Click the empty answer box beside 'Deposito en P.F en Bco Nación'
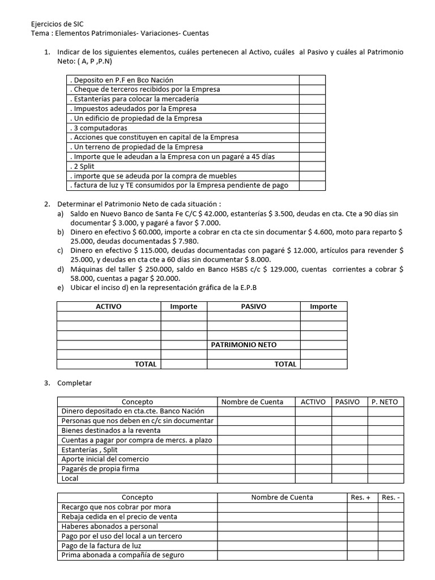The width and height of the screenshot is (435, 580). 312,80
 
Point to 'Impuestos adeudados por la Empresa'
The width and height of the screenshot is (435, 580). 133,108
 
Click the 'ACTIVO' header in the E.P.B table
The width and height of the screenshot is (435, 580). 108,306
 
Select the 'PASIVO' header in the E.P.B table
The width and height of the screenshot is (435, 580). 253,306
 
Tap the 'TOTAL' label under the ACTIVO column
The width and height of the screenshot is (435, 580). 146,364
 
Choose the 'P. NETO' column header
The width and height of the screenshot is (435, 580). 385,402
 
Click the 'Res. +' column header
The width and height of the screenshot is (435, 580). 361,497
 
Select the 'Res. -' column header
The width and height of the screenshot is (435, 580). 391,497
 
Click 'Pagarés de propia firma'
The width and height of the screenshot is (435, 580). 100,468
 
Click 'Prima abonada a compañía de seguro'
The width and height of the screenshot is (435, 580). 123,555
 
